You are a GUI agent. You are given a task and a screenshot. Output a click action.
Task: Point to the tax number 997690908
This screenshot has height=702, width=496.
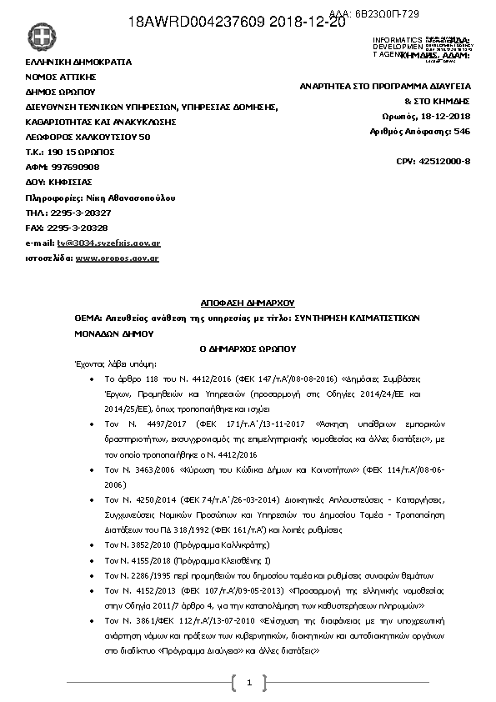click(76, 167)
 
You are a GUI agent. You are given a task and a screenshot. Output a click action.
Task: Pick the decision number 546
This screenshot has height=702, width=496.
click(463, 131)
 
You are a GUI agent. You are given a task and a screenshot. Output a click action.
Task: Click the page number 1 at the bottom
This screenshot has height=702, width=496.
click(248, 684)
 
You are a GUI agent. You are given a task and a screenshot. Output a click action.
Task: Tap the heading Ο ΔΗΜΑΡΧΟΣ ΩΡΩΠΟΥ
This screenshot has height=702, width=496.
click(248, 348)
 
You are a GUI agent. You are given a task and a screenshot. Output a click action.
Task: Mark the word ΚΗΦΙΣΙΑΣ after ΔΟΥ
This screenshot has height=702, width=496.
click(72, 182)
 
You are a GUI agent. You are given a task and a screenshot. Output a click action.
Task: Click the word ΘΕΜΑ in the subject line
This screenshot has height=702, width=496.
click(85, 318)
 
